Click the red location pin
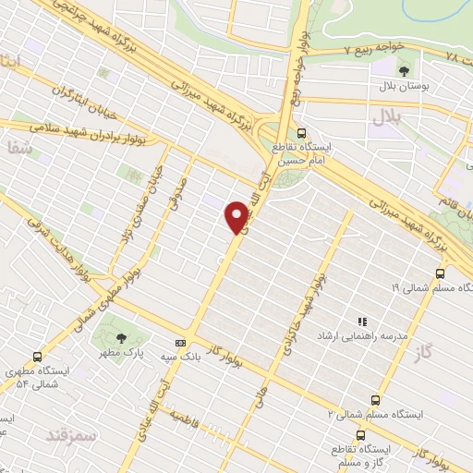239,215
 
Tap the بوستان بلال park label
398,86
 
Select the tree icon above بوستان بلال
404,70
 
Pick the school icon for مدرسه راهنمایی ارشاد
362,321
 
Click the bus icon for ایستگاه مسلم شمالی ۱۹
440,273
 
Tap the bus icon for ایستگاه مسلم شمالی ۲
374,400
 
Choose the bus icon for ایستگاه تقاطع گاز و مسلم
359,433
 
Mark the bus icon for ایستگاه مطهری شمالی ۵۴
37,357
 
